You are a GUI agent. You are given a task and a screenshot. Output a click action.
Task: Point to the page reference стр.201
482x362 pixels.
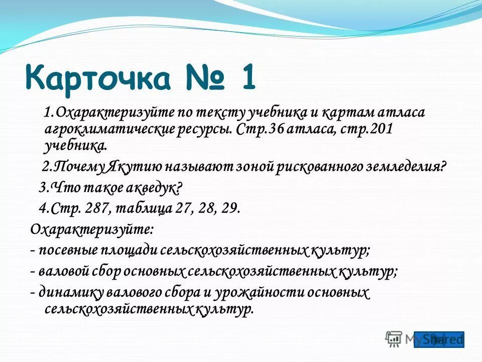click(x=369, y=129)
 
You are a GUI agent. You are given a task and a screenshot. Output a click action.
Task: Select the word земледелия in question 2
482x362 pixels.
click(x=408, y=167)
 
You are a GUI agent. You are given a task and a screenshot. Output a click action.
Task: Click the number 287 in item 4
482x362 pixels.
click(x=95, y=209)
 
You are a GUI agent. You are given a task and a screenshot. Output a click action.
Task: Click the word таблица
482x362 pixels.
click(x=141, y=209)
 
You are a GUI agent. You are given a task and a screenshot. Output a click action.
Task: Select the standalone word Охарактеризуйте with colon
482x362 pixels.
click(x=92, y=229)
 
